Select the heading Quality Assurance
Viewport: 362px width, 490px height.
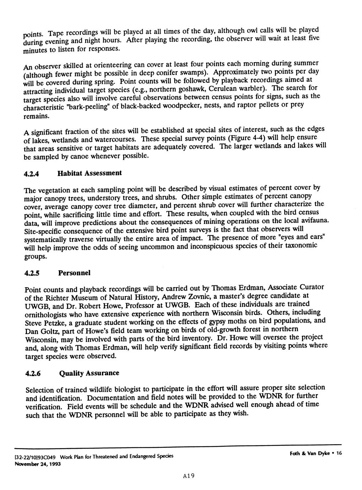tap(89, 373)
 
